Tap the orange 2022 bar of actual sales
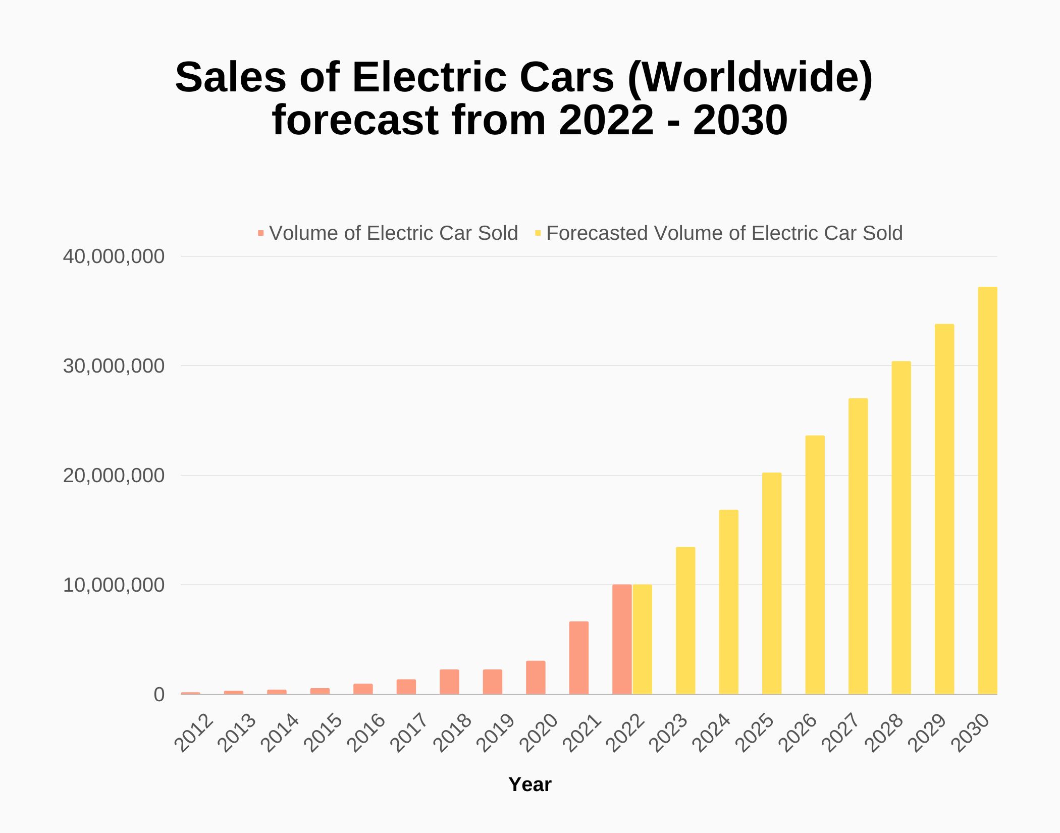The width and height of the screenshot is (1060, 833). click(621, 639)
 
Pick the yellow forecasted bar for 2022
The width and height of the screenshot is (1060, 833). click(642, 639)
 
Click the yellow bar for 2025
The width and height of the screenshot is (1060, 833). click(771, 583)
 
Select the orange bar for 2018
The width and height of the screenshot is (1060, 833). click(449, 682)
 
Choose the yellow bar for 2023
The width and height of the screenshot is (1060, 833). click(685, 620)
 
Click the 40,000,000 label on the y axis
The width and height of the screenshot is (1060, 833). click(114, 256)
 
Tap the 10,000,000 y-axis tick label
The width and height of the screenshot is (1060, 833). click(114, 585)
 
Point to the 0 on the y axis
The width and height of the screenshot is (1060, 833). click(159, 695)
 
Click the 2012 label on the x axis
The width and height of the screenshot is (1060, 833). click(194, 733)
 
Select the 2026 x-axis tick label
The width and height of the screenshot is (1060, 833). click(798, 733)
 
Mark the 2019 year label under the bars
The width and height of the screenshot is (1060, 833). click(496, 733)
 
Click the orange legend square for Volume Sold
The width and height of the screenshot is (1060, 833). click(260, 233)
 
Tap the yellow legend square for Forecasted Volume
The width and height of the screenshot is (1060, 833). click(538, 233)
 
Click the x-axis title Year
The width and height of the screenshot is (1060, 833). click(529, 785)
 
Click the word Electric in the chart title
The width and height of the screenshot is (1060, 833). click(429, 77)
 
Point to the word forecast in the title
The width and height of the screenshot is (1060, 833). click(355, 120)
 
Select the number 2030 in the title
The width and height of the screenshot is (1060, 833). click(740, 120)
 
